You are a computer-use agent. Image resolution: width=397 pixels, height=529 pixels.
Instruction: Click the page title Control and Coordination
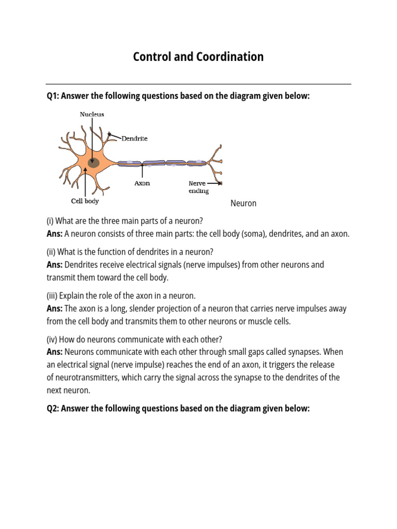point(198,57)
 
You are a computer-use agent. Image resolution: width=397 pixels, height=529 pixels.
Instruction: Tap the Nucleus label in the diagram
point(91,114)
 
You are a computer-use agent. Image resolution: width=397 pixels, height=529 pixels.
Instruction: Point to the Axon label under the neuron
point(142,183)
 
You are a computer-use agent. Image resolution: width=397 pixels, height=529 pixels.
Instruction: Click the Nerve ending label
point(198,187)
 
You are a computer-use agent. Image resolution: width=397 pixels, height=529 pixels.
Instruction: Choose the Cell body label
point(85,201)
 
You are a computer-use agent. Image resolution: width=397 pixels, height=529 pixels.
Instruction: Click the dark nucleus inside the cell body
point(94,163)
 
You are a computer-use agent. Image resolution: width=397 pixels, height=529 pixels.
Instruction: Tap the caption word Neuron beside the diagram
point(243,204)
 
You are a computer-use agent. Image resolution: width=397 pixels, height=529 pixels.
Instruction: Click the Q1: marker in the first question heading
point(53,96)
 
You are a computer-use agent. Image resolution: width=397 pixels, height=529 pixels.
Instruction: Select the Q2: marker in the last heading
point(53,409)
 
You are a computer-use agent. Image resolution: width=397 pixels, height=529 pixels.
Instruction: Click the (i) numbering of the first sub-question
point(50,221)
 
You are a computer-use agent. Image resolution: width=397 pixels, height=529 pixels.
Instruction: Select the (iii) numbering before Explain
point(52,296)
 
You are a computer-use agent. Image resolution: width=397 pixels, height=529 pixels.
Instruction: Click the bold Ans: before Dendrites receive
point(54,265)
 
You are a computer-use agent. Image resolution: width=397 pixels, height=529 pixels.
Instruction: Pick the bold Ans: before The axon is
point(54,309)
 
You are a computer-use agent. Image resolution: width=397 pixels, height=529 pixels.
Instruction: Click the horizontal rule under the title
point(198,84)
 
